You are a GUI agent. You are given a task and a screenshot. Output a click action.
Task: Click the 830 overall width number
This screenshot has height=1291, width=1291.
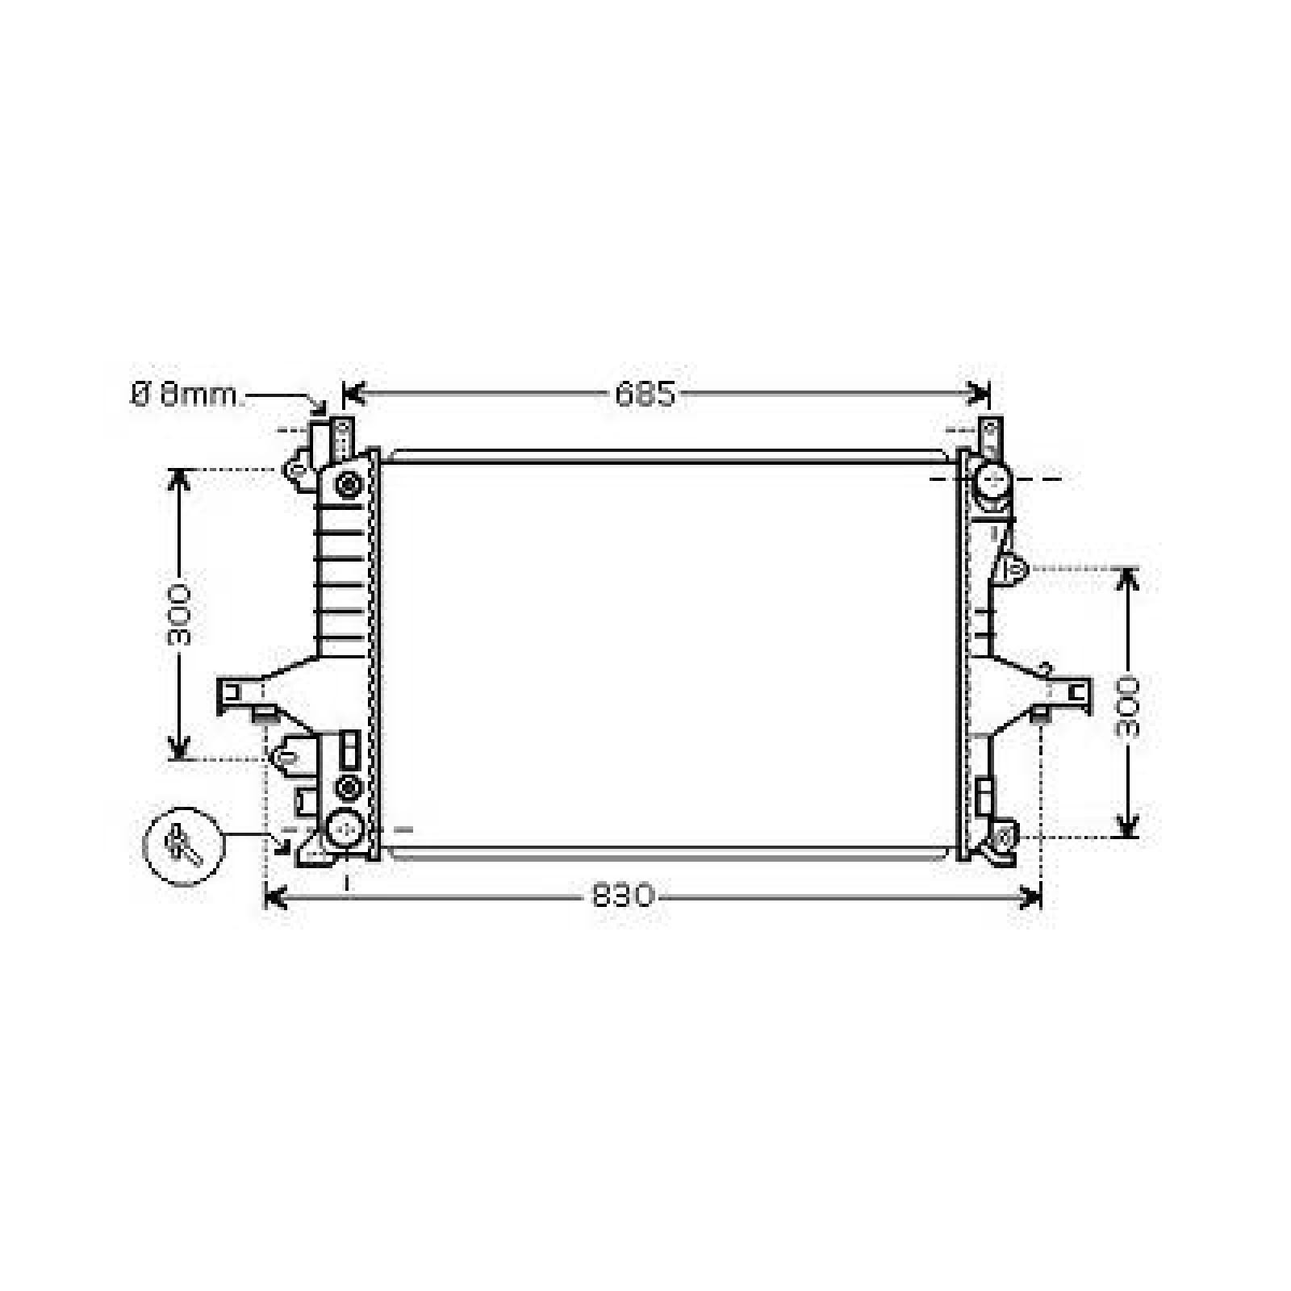point(622,896)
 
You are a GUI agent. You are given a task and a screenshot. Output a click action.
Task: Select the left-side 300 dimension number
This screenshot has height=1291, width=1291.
point(180,614)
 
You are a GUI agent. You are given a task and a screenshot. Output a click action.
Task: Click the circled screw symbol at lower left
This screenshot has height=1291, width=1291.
point(182,845)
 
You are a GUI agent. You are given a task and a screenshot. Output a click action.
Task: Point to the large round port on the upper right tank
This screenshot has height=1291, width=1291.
point(992,481)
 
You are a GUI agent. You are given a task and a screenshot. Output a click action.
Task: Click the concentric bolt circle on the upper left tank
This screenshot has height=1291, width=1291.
point(349,484)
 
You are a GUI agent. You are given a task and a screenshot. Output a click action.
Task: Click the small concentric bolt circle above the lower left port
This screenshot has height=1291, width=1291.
point(349,787)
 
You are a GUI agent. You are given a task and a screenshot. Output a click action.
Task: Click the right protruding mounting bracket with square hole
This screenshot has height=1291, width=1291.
point(1073,692)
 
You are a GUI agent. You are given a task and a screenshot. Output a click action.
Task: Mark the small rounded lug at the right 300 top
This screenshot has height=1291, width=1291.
point(1013,568)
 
